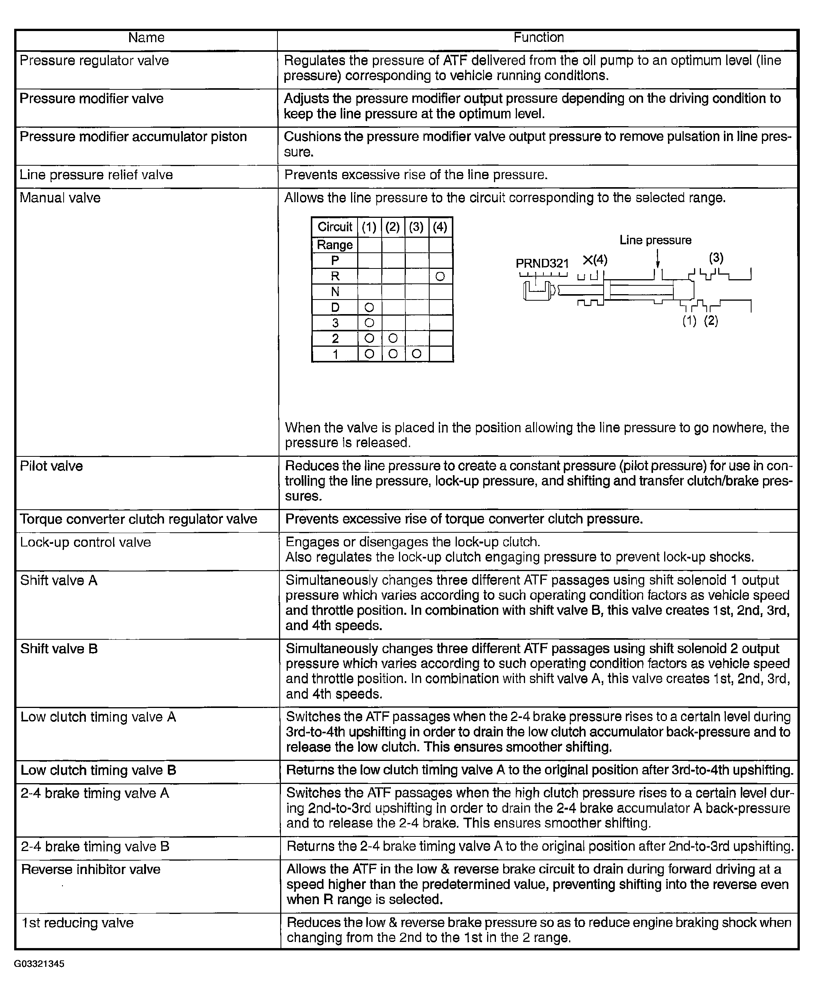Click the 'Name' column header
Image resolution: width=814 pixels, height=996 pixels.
(x=146, y=38)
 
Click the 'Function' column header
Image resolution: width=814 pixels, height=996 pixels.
(x=538, y=38)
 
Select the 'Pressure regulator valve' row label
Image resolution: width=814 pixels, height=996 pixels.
(x=94, y=61)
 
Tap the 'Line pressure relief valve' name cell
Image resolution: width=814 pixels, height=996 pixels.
(x=96, y=175)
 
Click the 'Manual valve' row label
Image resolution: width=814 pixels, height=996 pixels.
(x=60, y=198)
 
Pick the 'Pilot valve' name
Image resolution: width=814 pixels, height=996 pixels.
(x=52, y=466)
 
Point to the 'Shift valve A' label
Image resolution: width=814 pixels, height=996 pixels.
(x=59, y=581)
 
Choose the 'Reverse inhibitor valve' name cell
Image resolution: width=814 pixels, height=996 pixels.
(x=91, y=869)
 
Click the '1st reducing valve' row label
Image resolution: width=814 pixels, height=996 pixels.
(x=78, y=923)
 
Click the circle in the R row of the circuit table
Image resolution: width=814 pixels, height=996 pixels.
(x=440, y=277)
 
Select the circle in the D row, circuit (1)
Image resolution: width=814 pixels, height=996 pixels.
(x=369, y=308)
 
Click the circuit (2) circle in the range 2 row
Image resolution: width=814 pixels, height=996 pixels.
(x=393, y=338)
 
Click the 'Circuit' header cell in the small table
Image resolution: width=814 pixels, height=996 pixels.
(x=335, y=227)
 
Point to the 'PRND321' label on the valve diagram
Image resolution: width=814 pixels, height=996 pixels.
(x=542, y=263)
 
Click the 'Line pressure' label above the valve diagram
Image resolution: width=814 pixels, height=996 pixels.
(x=655, y=240)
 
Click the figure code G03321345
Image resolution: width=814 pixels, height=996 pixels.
(x=39, y=964)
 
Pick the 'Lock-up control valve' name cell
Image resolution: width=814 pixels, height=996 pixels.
(x=86, y=542)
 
